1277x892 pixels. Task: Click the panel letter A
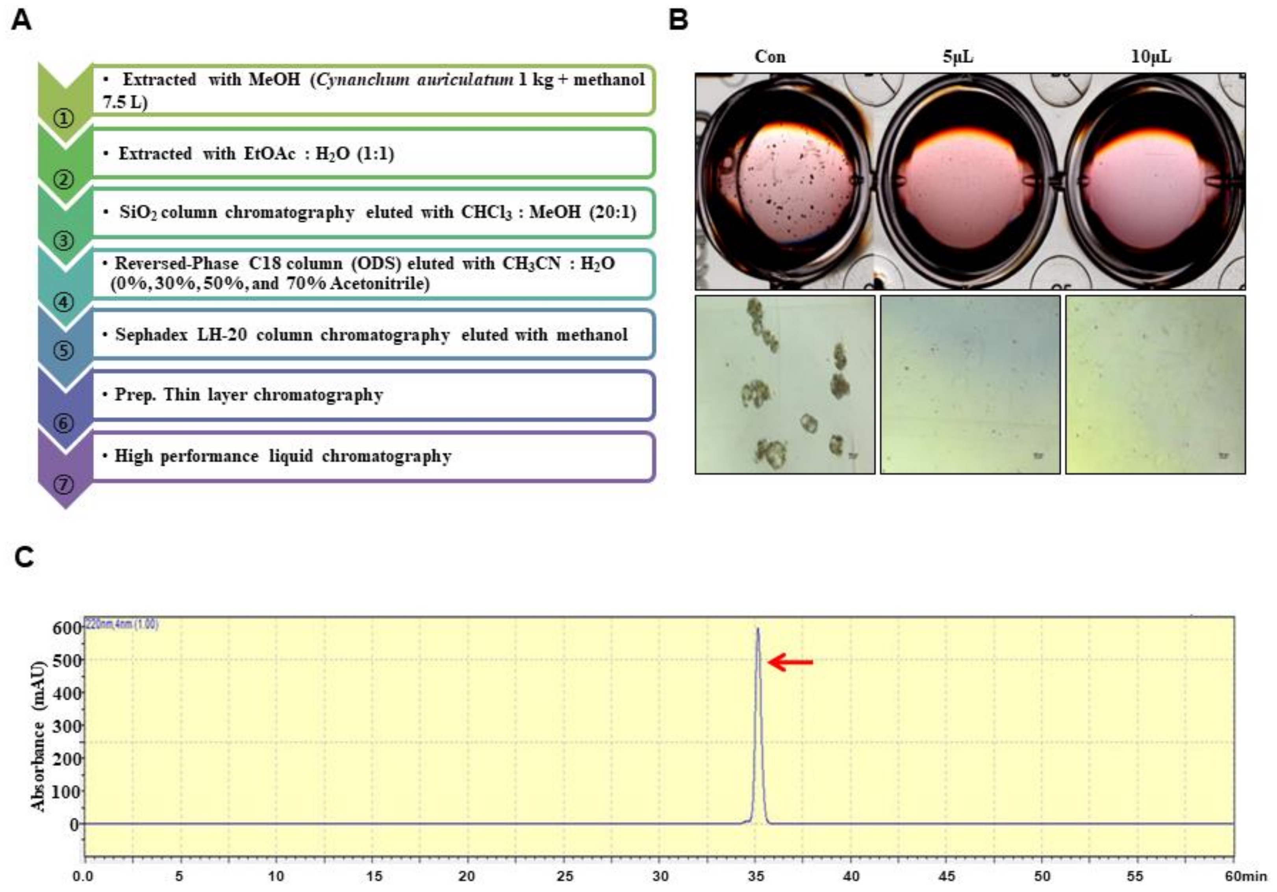21,21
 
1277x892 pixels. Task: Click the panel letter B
678,21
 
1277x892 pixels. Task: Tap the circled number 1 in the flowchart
64,118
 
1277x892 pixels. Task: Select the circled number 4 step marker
64,302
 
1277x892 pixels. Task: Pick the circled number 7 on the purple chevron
64,484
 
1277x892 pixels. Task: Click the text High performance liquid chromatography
283,456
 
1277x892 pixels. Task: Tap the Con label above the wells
770,56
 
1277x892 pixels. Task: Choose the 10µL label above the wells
1151,56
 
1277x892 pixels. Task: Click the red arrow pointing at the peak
790,662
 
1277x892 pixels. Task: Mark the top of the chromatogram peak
757,629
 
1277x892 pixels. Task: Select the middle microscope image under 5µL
970,385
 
